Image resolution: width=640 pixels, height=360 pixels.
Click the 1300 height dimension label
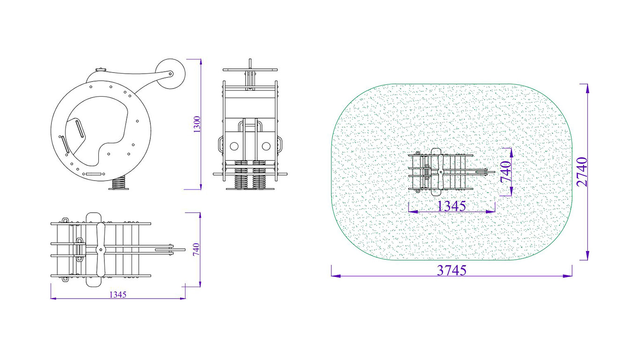(x=197, y=124)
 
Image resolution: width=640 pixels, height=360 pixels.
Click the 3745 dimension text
(x=452, y=270)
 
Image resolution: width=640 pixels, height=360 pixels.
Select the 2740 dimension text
(x=582, y=172)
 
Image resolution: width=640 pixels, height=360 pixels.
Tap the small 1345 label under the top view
(x=118, y=294)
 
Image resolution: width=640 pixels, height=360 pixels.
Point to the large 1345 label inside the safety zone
(x=452, y=206)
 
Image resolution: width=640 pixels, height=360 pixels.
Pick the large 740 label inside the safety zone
(x=506, y=171)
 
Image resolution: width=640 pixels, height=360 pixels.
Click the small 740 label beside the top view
(x=197, y=249)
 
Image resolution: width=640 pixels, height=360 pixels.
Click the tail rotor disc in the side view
(x=170, y=74)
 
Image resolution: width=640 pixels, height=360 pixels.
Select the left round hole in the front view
(x=234, y=146)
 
